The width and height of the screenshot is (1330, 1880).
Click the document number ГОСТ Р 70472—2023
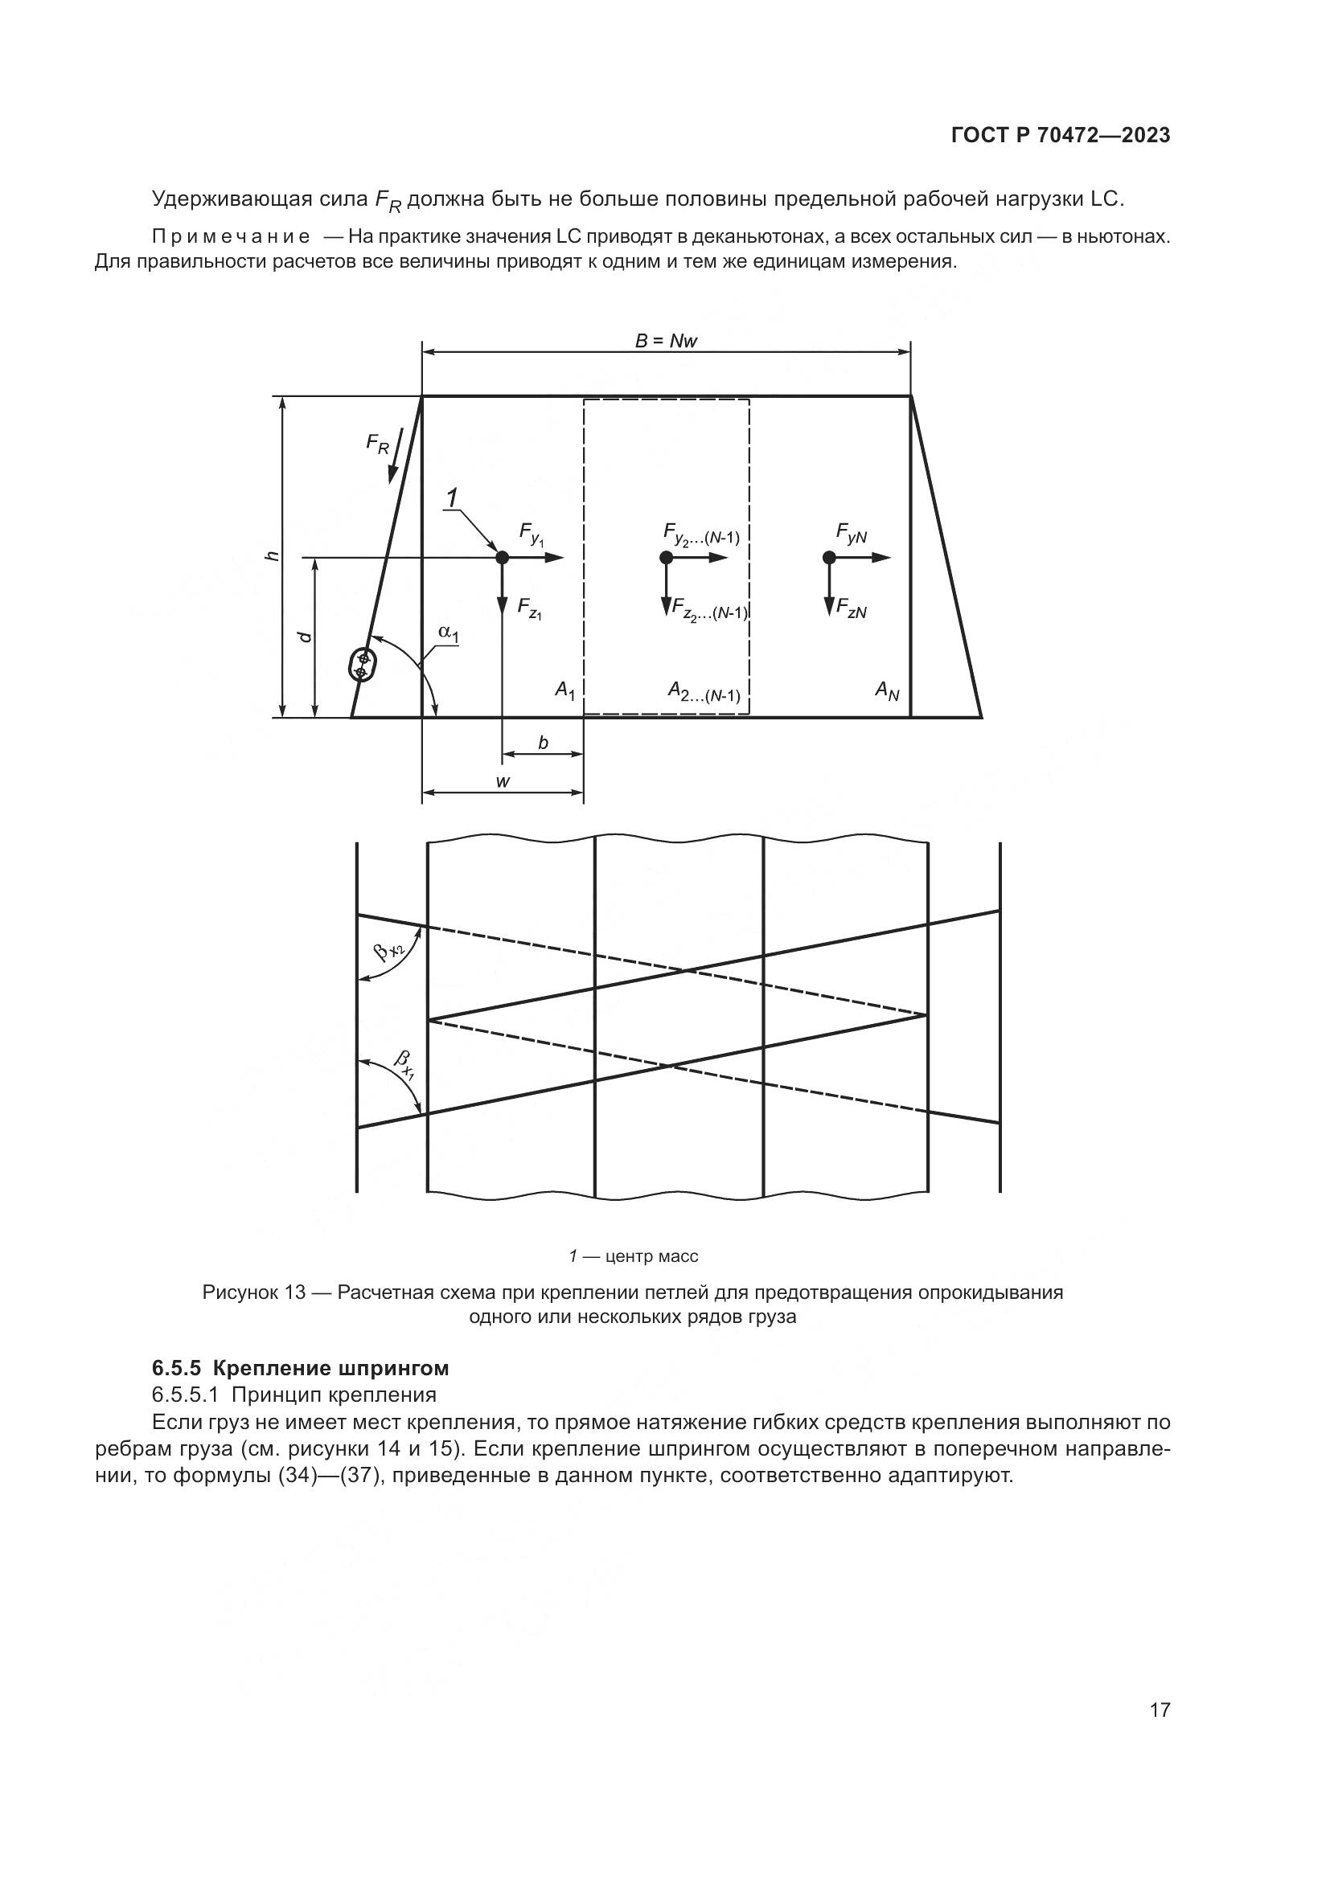point(1060,136)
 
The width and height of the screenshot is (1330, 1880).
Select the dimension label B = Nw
point(666,341)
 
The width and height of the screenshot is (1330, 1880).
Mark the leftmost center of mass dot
point(502,558)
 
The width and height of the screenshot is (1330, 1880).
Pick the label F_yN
point(852,533)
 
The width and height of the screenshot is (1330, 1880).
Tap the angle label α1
point(449,632)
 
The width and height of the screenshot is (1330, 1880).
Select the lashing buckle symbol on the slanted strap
point(361,664)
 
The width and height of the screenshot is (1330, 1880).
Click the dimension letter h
point(273,556)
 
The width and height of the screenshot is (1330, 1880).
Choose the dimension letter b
point(543,743)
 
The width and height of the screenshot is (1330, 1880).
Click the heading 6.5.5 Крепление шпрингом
point(301,1368)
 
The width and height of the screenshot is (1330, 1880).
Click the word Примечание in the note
point(230,237)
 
